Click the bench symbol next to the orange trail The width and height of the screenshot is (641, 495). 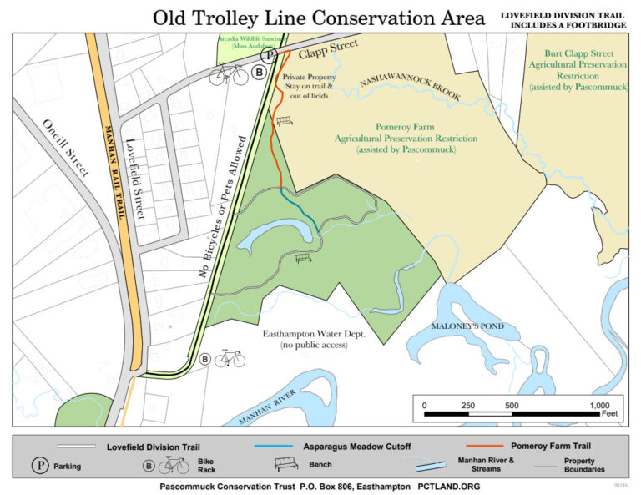point(285,122)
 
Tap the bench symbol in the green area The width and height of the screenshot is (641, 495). point(304,258)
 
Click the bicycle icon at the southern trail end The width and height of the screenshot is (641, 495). point(230,359)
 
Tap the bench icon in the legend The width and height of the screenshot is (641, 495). point(286,464)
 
